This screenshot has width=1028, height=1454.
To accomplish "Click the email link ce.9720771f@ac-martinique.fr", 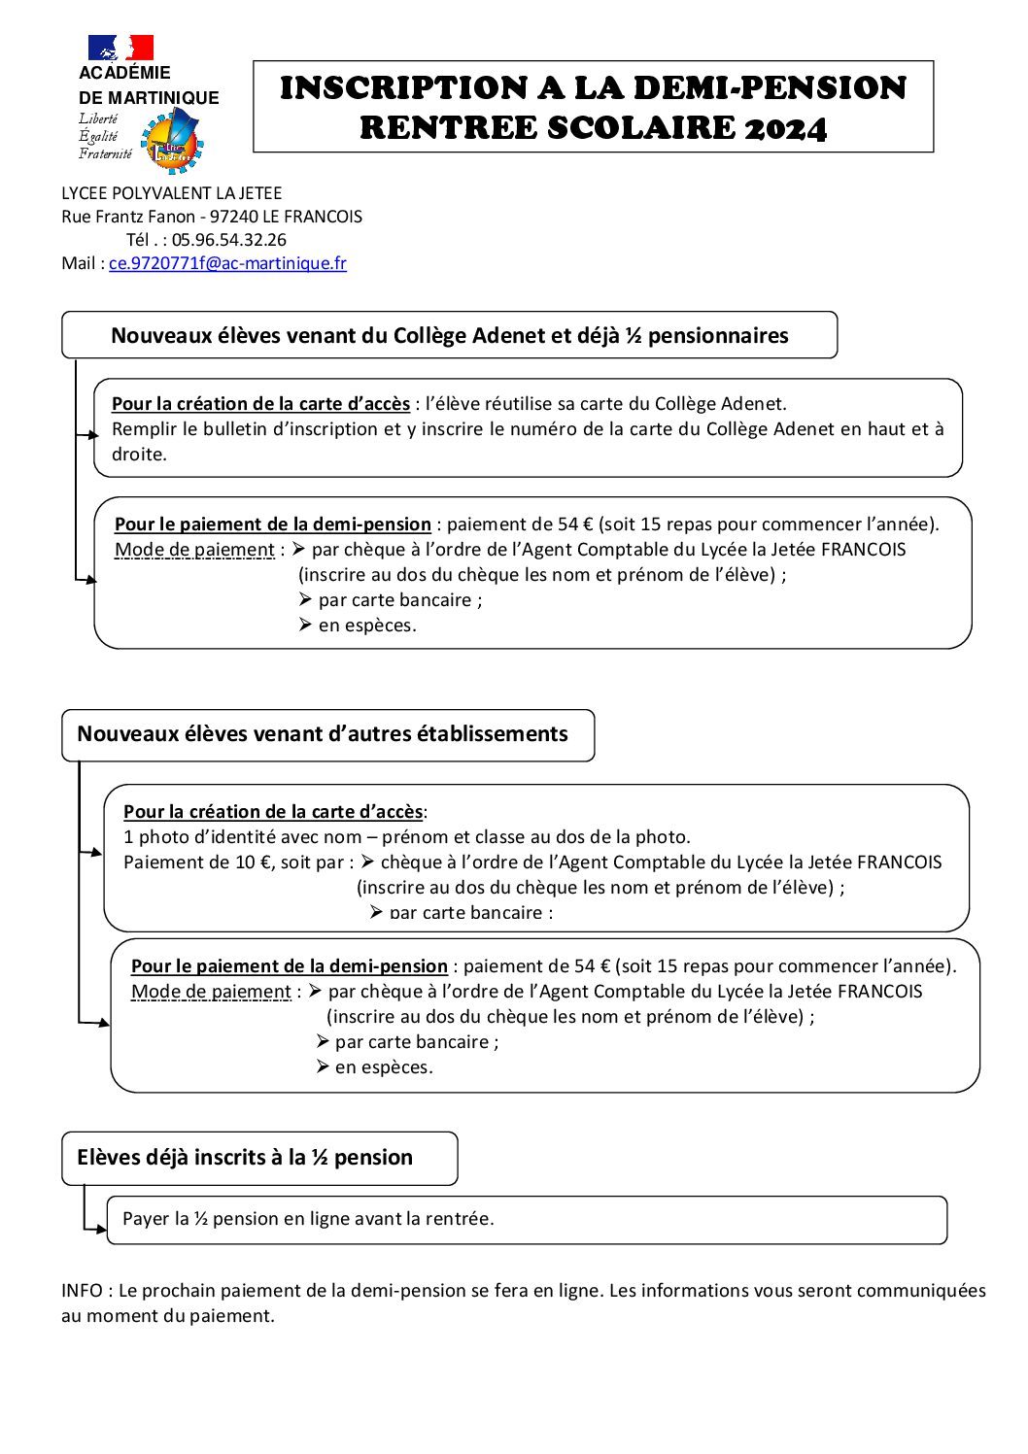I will pyautogui.click(x=227, y=263).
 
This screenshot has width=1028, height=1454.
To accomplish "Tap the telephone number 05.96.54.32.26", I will pyautogui.click(x=229, y=240).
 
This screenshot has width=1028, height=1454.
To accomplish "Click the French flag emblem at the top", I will pyautogui.click(x=120, y=48).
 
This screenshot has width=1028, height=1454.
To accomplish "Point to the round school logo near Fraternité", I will pyautogui.click(x=172, y=141).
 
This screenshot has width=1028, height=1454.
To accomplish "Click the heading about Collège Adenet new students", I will pyautogui.click(x=449, y=336).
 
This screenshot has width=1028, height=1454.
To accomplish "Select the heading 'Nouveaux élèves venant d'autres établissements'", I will pyautogui.click(x=322, y=734).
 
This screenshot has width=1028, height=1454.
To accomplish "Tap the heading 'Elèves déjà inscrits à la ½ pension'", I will pyautogui.click(x=245, y=1158).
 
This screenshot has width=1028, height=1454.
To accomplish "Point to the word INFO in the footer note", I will pyautogui.click(x=82, y=1291).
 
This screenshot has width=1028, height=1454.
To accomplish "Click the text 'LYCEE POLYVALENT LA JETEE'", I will pyautogui.click(x=171, y=193).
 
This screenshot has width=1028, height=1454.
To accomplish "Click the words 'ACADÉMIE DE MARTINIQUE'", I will pyautogui.click(x=148, y=85).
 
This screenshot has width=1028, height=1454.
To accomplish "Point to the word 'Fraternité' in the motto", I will pyautogui.click(x=105, y=153).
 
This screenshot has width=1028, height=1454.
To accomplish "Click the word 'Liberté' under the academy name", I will pyautogui.click(x=98, y=118).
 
